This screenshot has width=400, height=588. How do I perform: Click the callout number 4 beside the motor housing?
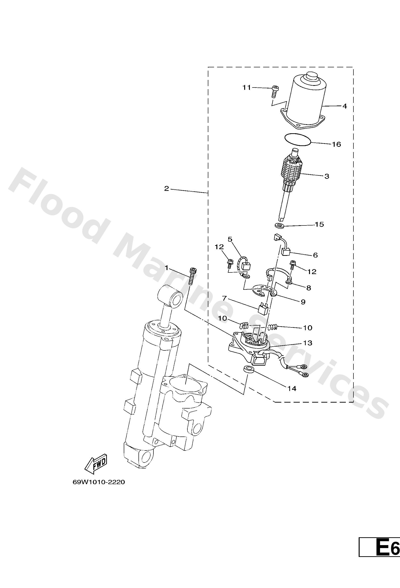point(344,106)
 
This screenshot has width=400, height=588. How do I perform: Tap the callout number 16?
point(336,144)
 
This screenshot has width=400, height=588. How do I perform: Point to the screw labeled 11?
point(274,91)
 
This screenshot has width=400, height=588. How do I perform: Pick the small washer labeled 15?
point(279,225)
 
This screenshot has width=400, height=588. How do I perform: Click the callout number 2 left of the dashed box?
point(167,188)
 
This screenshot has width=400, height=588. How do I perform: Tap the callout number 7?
point(224,299)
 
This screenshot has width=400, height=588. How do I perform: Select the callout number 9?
point(303,302)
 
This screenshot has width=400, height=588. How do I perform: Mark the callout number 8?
point(308,288)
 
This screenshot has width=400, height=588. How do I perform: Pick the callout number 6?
point(315,255)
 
